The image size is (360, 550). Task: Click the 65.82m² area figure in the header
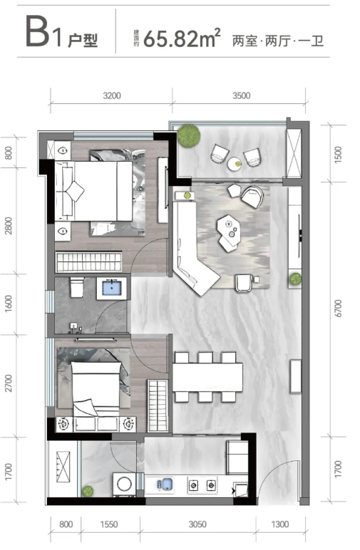pos(182,38)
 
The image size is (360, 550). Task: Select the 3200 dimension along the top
pos(112,95)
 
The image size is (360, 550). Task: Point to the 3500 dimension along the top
pos(242,95)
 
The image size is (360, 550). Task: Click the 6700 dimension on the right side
pos(337,308)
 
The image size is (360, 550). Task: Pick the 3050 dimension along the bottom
pos(197,524)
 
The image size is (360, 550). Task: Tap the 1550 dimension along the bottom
pos(109,524)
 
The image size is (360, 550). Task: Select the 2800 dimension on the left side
pos(9,226)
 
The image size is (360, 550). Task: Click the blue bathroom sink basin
pos(112,289)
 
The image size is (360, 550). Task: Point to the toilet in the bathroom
pos(77,286)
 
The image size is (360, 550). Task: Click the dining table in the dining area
pos(207,377)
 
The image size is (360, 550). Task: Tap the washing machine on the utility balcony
pos(124,484)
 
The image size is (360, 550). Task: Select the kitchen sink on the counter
pos(165,484)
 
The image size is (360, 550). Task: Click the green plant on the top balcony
pos(189,135)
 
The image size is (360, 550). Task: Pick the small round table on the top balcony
pos(235,163)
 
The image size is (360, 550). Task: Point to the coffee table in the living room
pos(228,232)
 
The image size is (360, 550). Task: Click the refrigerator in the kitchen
pos(237,457)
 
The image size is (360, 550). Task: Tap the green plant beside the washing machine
pos(88,491)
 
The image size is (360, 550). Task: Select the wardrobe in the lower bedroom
pos(158,405)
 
